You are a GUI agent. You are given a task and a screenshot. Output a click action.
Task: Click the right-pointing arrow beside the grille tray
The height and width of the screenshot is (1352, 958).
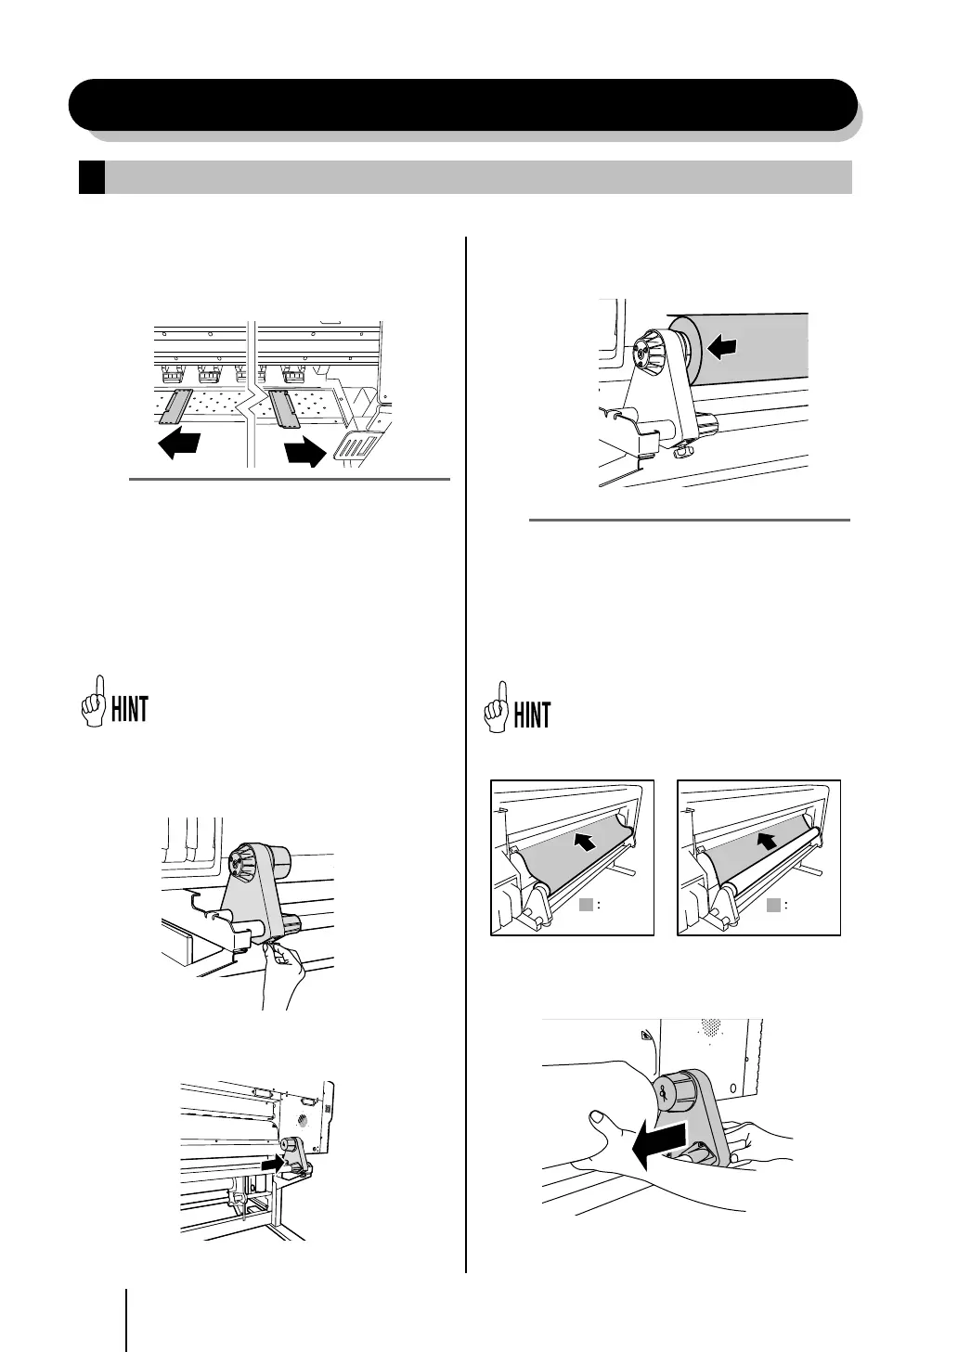(x=304, y=452)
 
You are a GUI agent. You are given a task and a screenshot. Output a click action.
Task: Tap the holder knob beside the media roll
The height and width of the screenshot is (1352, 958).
(x=642, y=353)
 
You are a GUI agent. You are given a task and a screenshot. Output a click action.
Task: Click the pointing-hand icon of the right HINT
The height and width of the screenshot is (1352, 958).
(x=496, y=707)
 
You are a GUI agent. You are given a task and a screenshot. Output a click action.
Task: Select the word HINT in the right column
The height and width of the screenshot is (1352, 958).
(x=532, y=715)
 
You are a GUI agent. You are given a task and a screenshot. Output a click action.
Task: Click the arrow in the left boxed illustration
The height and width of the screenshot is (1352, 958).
(x=584, y=843)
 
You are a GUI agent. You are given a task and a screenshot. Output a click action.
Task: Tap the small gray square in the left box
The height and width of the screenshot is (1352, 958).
(x=586, y=905)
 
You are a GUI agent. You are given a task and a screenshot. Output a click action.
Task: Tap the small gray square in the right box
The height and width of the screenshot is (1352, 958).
(x=773, y=905)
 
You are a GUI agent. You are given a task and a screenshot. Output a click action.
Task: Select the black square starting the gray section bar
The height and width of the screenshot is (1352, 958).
(x=91, y=177)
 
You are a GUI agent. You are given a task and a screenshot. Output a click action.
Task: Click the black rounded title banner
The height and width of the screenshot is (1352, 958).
(x=462, y=104)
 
